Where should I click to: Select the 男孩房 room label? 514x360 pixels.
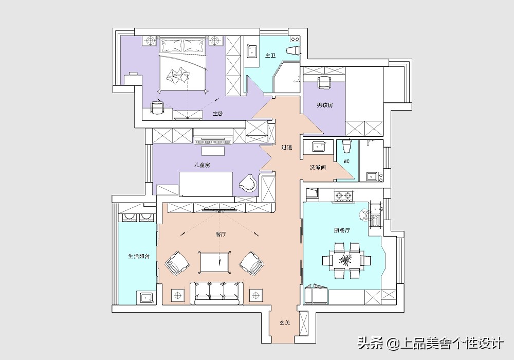tap(324, 105)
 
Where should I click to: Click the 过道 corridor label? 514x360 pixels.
tap(287, 148)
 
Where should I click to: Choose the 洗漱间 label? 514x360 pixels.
tap(317, 168)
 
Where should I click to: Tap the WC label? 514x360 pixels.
tap(346, 161)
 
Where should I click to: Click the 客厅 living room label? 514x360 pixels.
tap(221, 235)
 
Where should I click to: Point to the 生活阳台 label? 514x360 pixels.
tap(139, 256)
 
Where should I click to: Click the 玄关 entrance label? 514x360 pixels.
tap(285, 323)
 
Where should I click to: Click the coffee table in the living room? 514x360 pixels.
tap(215, 262)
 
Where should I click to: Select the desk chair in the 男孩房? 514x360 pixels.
tap(324, 82)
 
